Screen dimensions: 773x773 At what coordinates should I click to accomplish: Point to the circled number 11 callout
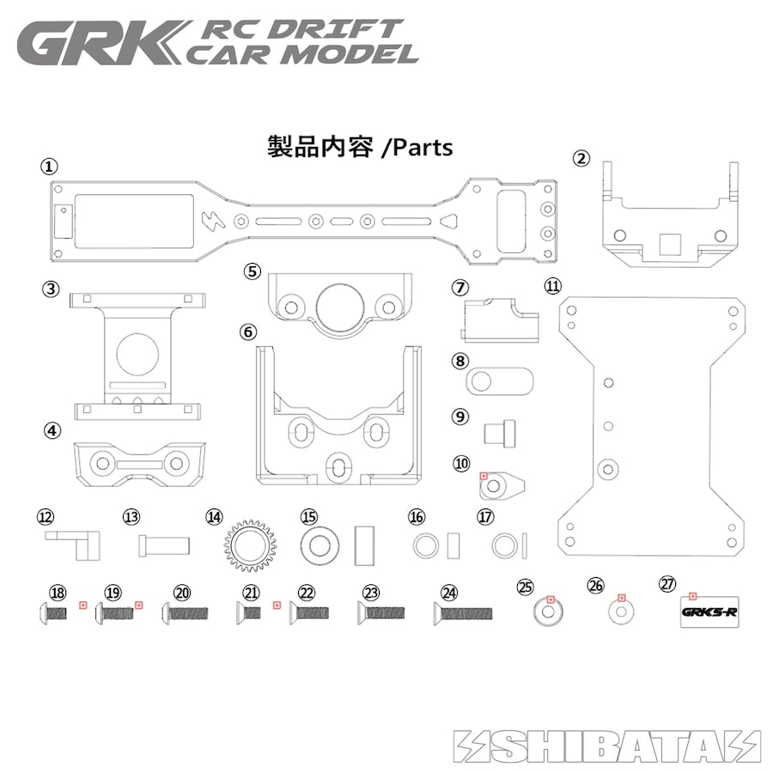coord(551,284)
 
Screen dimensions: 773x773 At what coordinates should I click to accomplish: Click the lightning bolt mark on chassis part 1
coord(211,220)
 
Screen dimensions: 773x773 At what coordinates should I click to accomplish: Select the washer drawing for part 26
coord(619,612)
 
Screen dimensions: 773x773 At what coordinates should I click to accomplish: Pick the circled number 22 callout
coord(307,593)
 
